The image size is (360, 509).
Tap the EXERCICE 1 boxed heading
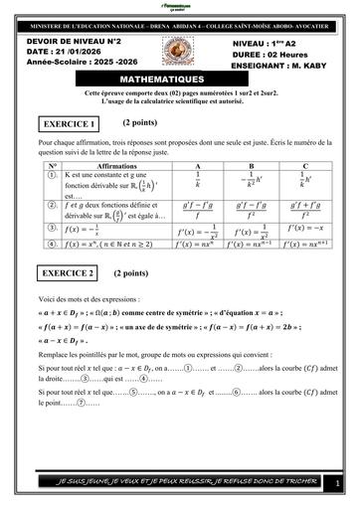click(70, 124)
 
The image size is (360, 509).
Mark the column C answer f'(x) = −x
click(305, 228)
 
